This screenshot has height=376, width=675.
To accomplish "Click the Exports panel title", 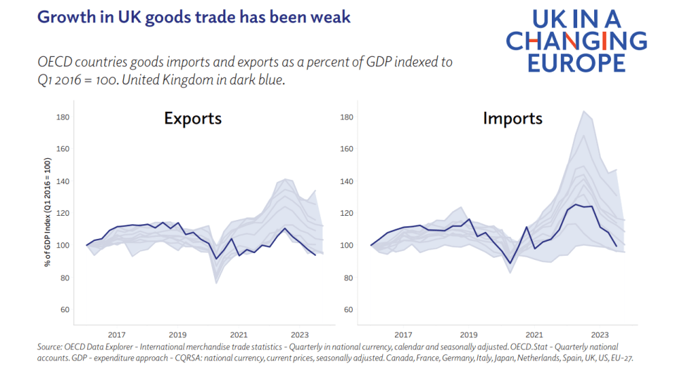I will tap(193, 118).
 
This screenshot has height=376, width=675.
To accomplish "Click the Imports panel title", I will tap(512, 118).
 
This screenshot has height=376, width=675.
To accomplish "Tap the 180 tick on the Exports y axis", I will tap(62, 117).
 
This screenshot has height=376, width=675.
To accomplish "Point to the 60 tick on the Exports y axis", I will tap(64, 310).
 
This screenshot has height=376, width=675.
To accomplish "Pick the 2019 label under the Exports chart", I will tap(177, 335).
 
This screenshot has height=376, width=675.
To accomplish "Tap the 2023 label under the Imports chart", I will tap(600, 335).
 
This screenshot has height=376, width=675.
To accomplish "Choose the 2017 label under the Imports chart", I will tap(403, 335).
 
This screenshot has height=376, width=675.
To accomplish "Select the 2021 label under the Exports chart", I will tap(239, 335).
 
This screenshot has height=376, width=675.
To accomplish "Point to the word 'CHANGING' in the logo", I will tap(576, 41).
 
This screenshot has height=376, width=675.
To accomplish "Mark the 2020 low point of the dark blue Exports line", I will tap(216, 259).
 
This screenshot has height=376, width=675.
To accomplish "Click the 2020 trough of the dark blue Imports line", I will tap(510, 263).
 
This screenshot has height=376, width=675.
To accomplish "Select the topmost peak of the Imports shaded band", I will tap(583, 111).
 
